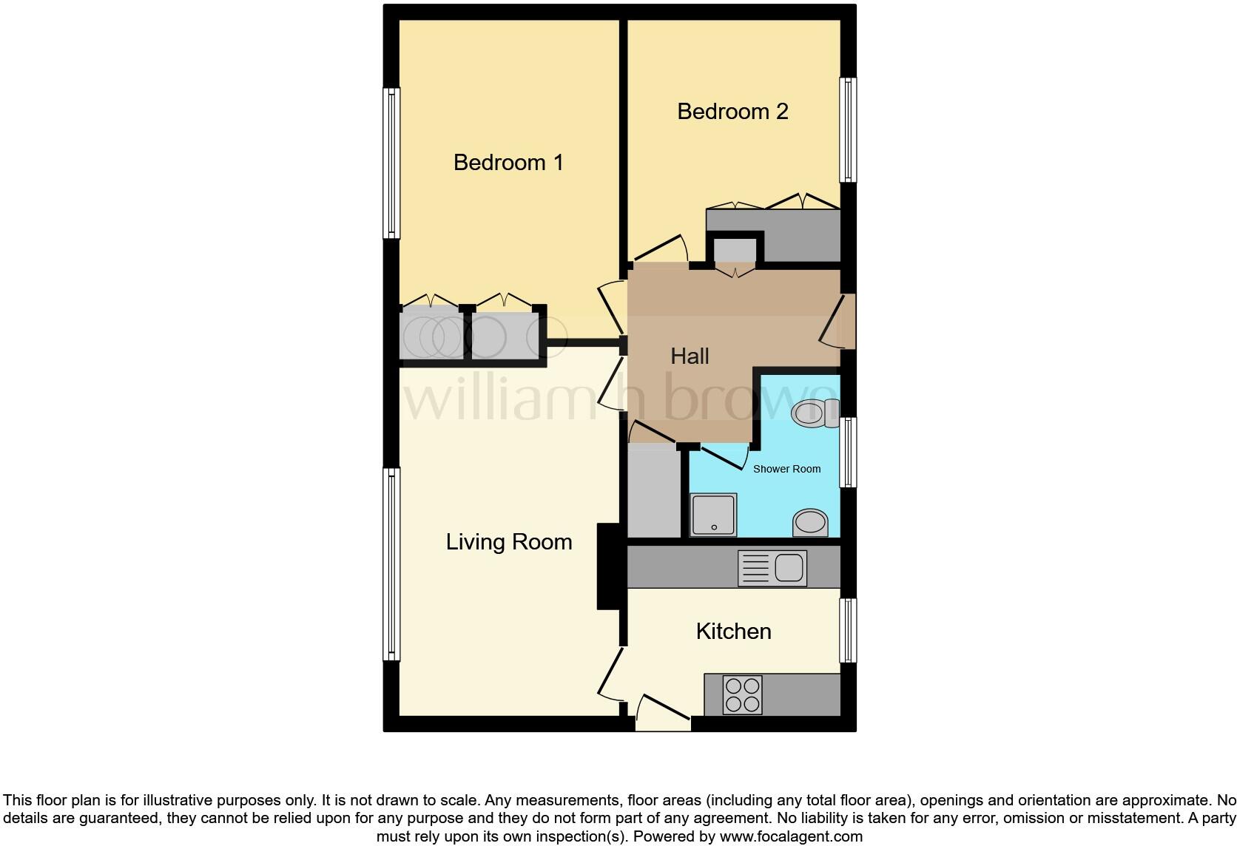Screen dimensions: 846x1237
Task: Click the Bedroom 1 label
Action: (x=508, y=163)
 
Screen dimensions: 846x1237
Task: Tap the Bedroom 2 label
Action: (x=732, y=112)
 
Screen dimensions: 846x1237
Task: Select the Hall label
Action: (x=690, y=356)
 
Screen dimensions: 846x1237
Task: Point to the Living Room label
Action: (x=508, y=542)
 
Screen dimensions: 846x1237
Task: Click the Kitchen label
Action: (x=733, y=632)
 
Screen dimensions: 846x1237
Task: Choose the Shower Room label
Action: (x=786, y=469)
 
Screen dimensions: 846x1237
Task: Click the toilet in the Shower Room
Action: (x=812, y=413)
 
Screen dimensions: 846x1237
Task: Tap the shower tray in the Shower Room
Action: (x=714, y=515)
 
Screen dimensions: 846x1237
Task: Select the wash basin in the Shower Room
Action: (x=810, y=522)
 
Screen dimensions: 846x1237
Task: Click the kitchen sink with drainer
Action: (x=772, y=569)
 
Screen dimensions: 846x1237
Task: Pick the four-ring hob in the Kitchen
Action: (x=742, y=695)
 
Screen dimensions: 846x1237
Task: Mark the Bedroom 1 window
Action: (x=391, y=163)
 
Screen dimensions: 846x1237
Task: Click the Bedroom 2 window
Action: (x=848, y=130)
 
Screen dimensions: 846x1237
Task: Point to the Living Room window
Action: (x=391, y=564)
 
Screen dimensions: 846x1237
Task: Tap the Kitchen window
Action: (x=848, y=630)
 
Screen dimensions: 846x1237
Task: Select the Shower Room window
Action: (x=848, y=452)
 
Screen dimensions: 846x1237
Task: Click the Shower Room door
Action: (x=723, y=457)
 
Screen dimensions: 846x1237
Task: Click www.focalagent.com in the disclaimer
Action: (x=789, y=837)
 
